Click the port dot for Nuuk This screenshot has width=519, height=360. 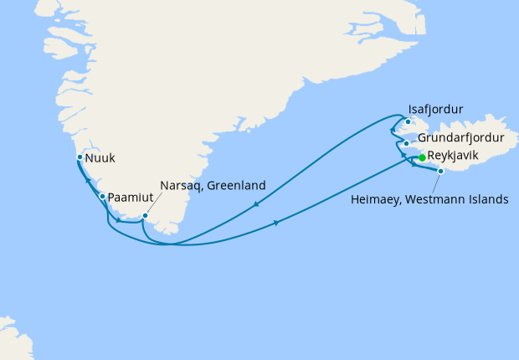(80, 157)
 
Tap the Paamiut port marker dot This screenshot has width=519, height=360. (102, 197)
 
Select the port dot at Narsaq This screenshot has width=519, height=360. (145, 215)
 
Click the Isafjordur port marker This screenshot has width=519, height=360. (408, 122)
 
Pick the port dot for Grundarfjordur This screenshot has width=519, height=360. (406, 143)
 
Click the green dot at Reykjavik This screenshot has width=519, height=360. (422, 157)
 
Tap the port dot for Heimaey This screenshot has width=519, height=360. (440, 171)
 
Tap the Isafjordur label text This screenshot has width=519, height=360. (435, 109)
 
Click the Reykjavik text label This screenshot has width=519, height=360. (459, 157)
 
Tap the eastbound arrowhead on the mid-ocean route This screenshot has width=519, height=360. (276, 223)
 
